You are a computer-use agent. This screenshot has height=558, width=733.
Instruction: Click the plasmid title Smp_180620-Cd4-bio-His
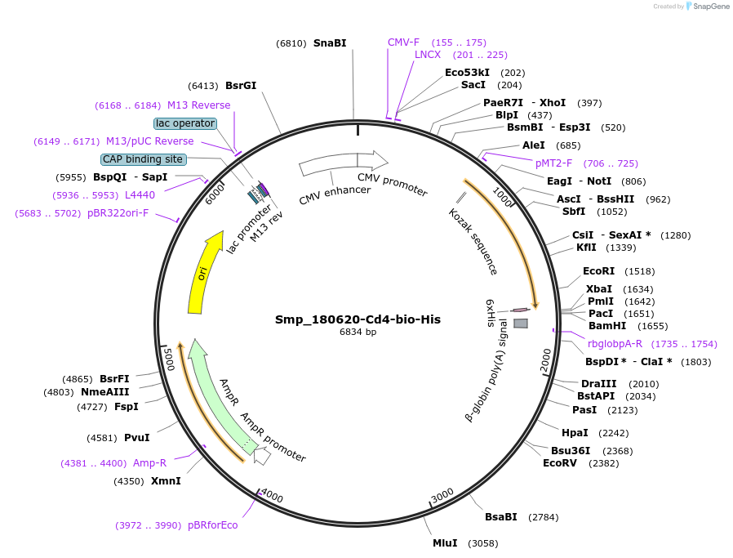point(358,319)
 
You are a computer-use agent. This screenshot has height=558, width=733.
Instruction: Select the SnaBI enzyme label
point(330,43)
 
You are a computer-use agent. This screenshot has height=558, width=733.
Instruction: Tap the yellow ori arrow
point(204,274)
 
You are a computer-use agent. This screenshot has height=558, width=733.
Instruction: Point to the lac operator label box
point(185,123)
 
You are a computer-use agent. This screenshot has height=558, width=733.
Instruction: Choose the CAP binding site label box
point(143,159)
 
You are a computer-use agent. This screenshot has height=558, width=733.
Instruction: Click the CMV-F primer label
point(403,42)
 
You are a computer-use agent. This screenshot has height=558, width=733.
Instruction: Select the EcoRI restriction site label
point(598,271)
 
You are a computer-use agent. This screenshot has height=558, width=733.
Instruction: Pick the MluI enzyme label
point(445,542)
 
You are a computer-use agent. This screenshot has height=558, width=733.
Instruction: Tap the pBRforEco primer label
point(212,525)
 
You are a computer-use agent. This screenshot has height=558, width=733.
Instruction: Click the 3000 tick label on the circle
point(442,496)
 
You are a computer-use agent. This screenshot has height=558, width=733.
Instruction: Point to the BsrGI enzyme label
point(241,85)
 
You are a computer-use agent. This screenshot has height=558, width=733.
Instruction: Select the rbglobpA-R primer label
point(615,344)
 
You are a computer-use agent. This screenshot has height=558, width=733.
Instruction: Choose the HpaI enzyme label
point(575,433)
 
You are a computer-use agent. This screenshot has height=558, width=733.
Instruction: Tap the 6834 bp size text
point(358,333)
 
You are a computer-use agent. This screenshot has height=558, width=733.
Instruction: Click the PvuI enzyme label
point(136,437)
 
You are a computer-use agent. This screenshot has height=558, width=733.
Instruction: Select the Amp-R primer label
point(149,463)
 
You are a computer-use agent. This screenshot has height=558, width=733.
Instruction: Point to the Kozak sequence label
point(473,241)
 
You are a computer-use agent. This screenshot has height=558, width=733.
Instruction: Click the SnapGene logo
point(707,7)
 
